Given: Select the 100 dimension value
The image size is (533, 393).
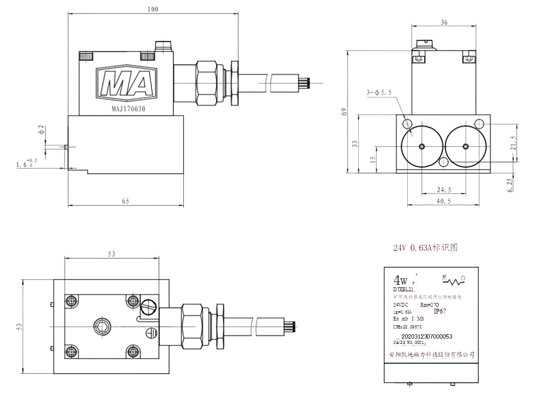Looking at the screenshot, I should tap(152, 10).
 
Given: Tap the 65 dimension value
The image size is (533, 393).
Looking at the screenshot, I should tap(126, 201).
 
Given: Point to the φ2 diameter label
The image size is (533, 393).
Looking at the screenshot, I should tap(41, 130).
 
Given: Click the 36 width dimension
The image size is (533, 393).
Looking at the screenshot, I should tap(444, 22).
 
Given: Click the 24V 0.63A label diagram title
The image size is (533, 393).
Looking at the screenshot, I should tap(425, 248).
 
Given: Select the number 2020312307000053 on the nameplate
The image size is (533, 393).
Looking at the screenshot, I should tap(426, 336).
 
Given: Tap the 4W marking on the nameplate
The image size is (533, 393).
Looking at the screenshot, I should tap(400, 280).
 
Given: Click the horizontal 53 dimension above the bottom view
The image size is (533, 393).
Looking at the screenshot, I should tap(111, 254).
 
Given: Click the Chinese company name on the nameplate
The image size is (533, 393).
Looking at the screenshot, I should tap(431, 354).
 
